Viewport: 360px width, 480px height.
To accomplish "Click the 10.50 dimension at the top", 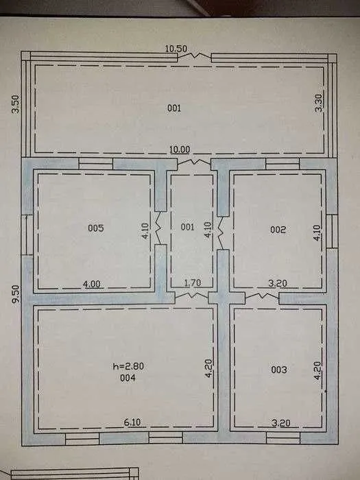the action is [176, 49].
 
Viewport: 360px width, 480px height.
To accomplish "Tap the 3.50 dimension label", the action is [15, 104].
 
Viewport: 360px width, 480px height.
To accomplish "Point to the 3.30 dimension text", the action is [319, 103].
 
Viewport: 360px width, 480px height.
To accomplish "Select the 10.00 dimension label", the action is [180, 149].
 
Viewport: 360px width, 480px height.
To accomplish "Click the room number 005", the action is [96, 228].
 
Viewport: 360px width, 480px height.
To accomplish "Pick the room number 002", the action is [278, 230].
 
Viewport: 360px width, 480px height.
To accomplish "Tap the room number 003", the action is [279, 370].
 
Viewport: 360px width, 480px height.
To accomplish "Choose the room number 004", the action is [128, 378].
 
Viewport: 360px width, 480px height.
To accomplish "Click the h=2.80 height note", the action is [129, 366].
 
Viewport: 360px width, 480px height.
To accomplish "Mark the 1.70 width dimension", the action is [193, 283].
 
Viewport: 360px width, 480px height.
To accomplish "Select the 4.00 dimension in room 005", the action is [91, 284].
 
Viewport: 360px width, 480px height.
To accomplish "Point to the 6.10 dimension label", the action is [132, 422].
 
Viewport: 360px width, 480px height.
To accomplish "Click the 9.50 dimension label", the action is [16, 294].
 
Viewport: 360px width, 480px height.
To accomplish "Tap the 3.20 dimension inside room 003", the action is [281, 423].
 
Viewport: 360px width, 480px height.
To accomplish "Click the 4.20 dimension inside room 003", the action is [318, 371].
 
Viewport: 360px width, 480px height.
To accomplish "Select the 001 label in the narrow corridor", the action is [187, 227].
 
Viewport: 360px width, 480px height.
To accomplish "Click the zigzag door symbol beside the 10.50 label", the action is [194, 56].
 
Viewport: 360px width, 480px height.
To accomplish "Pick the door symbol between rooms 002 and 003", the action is [262, 296].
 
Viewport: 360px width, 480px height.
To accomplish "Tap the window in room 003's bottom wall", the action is [283, 438].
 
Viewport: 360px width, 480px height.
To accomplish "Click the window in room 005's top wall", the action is [96, 164].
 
